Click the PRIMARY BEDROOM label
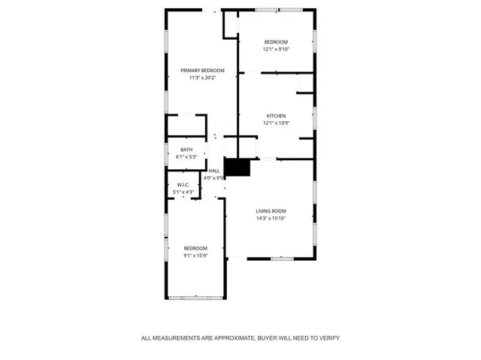pos(202,70)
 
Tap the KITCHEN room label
pos(276,116)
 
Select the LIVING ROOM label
pos(271,211)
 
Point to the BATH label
pos(186,150)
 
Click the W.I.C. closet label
pos(183,185)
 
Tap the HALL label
pos(214,171)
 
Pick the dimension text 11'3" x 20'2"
pos(202,77)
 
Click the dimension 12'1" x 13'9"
pos(276,123)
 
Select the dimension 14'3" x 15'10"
pos(271,218)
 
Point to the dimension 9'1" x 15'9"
pos(195,255)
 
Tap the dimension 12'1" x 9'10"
pos(276,49)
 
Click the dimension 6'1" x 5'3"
pos(186,156)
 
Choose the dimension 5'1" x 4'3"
pos(183,192)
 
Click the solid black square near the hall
pos(237,167)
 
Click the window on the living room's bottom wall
pos(282,259)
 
